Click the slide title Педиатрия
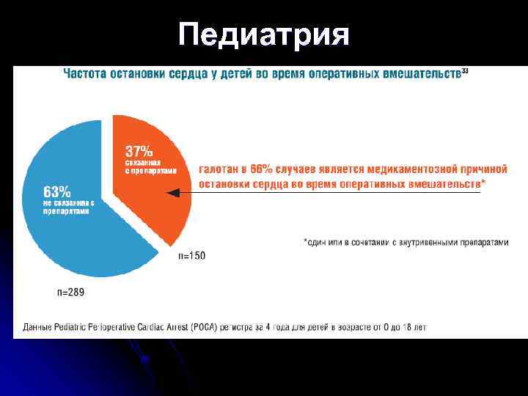(264, 34)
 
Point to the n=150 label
(192, 256)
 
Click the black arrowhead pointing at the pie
(173, 193)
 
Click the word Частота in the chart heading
(86, 73)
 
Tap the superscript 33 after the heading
(465, 70)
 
